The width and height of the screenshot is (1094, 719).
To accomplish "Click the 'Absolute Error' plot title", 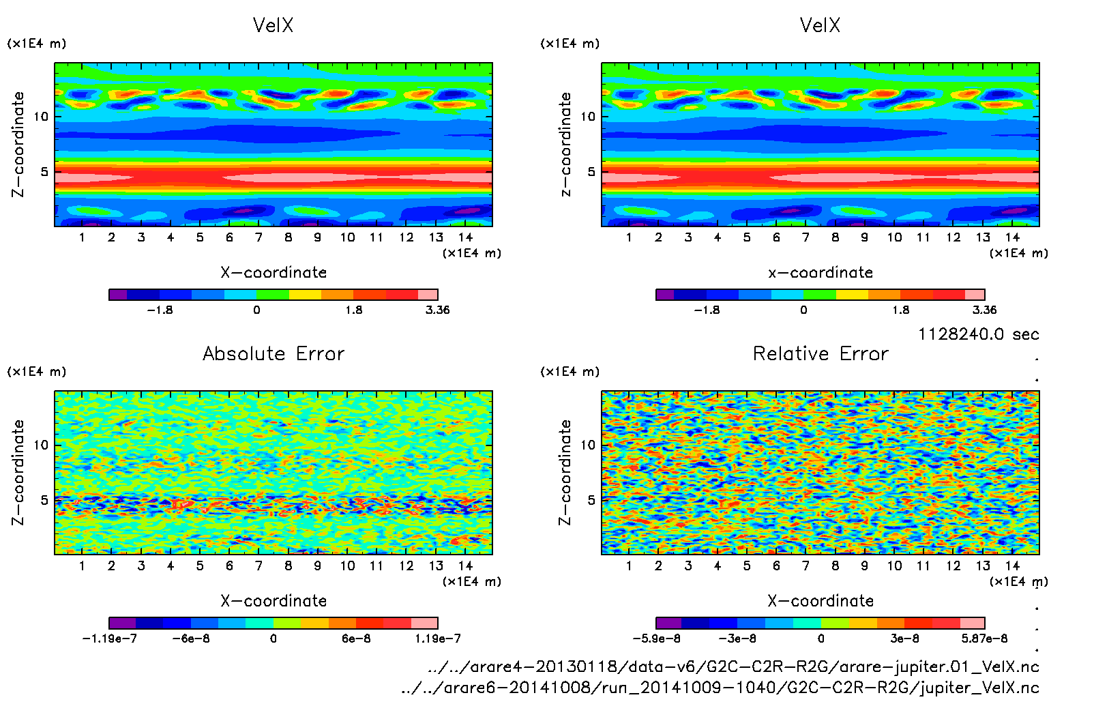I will pos(273,353).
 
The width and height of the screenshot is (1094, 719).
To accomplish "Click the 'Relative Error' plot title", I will pos(820,353).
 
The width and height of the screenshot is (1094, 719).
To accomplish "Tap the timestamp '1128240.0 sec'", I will pos(978,334).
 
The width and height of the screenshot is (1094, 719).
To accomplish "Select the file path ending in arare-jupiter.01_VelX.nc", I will pos(733,666).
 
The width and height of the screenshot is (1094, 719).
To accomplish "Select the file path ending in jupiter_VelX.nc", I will pos(720,688).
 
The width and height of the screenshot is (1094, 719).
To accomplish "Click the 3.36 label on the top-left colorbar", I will pos(437,310).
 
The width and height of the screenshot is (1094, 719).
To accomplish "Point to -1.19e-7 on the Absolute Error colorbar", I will pos(109,639).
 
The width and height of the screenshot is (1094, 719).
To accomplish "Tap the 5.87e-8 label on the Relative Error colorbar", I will pos(984,639).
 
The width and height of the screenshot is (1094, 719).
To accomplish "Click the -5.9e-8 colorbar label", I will pos(656,639).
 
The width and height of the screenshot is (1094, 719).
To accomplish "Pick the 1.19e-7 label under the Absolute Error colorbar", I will pos(437,639).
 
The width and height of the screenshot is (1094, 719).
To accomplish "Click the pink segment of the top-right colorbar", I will pos(975,295).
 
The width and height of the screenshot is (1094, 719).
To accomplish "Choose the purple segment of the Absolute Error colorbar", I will pos(123,623).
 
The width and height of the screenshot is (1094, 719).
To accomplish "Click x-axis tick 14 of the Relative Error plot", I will pos(1012,566).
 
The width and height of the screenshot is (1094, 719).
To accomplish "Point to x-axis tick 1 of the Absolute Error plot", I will pos(82,566).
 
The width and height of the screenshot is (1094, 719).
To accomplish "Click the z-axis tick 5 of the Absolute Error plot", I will pos(45,500).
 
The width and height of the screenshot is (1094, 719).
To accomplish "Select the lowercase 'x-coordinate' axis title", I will pos(820,273).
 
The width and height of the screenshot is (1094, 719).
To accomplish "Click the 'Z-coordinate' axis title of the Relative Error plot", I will pos(565,472).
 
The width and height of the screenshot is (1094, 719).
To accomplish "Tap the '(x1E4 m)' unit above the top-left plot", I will pos(37,44).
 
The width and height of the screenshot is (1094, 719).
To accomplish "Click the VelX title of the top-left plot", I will pos(273,25).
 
